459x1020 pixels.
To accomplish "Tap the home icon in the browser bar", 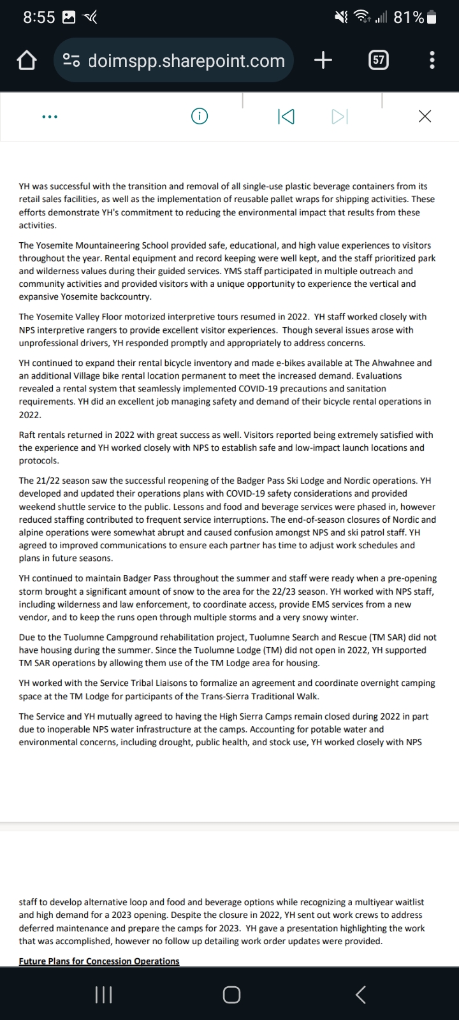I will (x=25, y=61).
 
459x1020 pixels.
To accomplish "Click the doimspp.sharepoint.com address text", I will (x=186, y=61).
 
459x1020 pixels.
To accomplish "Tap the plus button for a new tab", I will (x=323, y=61).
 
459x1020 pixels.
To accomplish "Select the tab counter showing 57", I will (x=379, y=61).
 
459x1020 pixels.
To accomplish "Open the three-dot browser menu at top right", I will (x=432, y=61).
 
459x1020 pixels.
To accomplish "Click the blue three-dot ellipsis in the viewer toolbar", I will (x=49, y=117).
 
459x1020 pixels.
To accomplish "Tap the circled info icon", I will (x=200, y=116).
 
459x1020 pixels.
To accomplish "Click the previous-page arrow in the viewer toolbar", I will (x=286, y=116).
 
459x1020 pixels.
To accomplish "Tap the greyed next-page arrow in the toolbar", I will (x=340, y=116).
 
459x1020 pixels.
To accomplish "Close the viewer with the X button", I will (x=425, y=116).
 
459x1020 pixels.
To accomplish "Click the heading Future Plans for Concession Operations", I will (x=99, y=961).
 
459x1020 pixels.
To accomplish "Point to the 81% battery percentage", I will (x=409, y=17).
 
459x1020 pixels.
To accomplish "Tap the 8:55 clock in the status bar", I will (x=39, y=17).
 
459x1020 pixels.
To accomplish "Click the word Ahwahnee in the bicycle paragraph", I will (x=390, y=363).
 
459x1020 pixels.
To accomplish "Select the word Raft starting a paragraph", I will (x=29, y=435).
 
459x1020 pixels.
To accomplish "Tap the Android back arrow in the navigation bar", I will (x=360, y=994).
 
